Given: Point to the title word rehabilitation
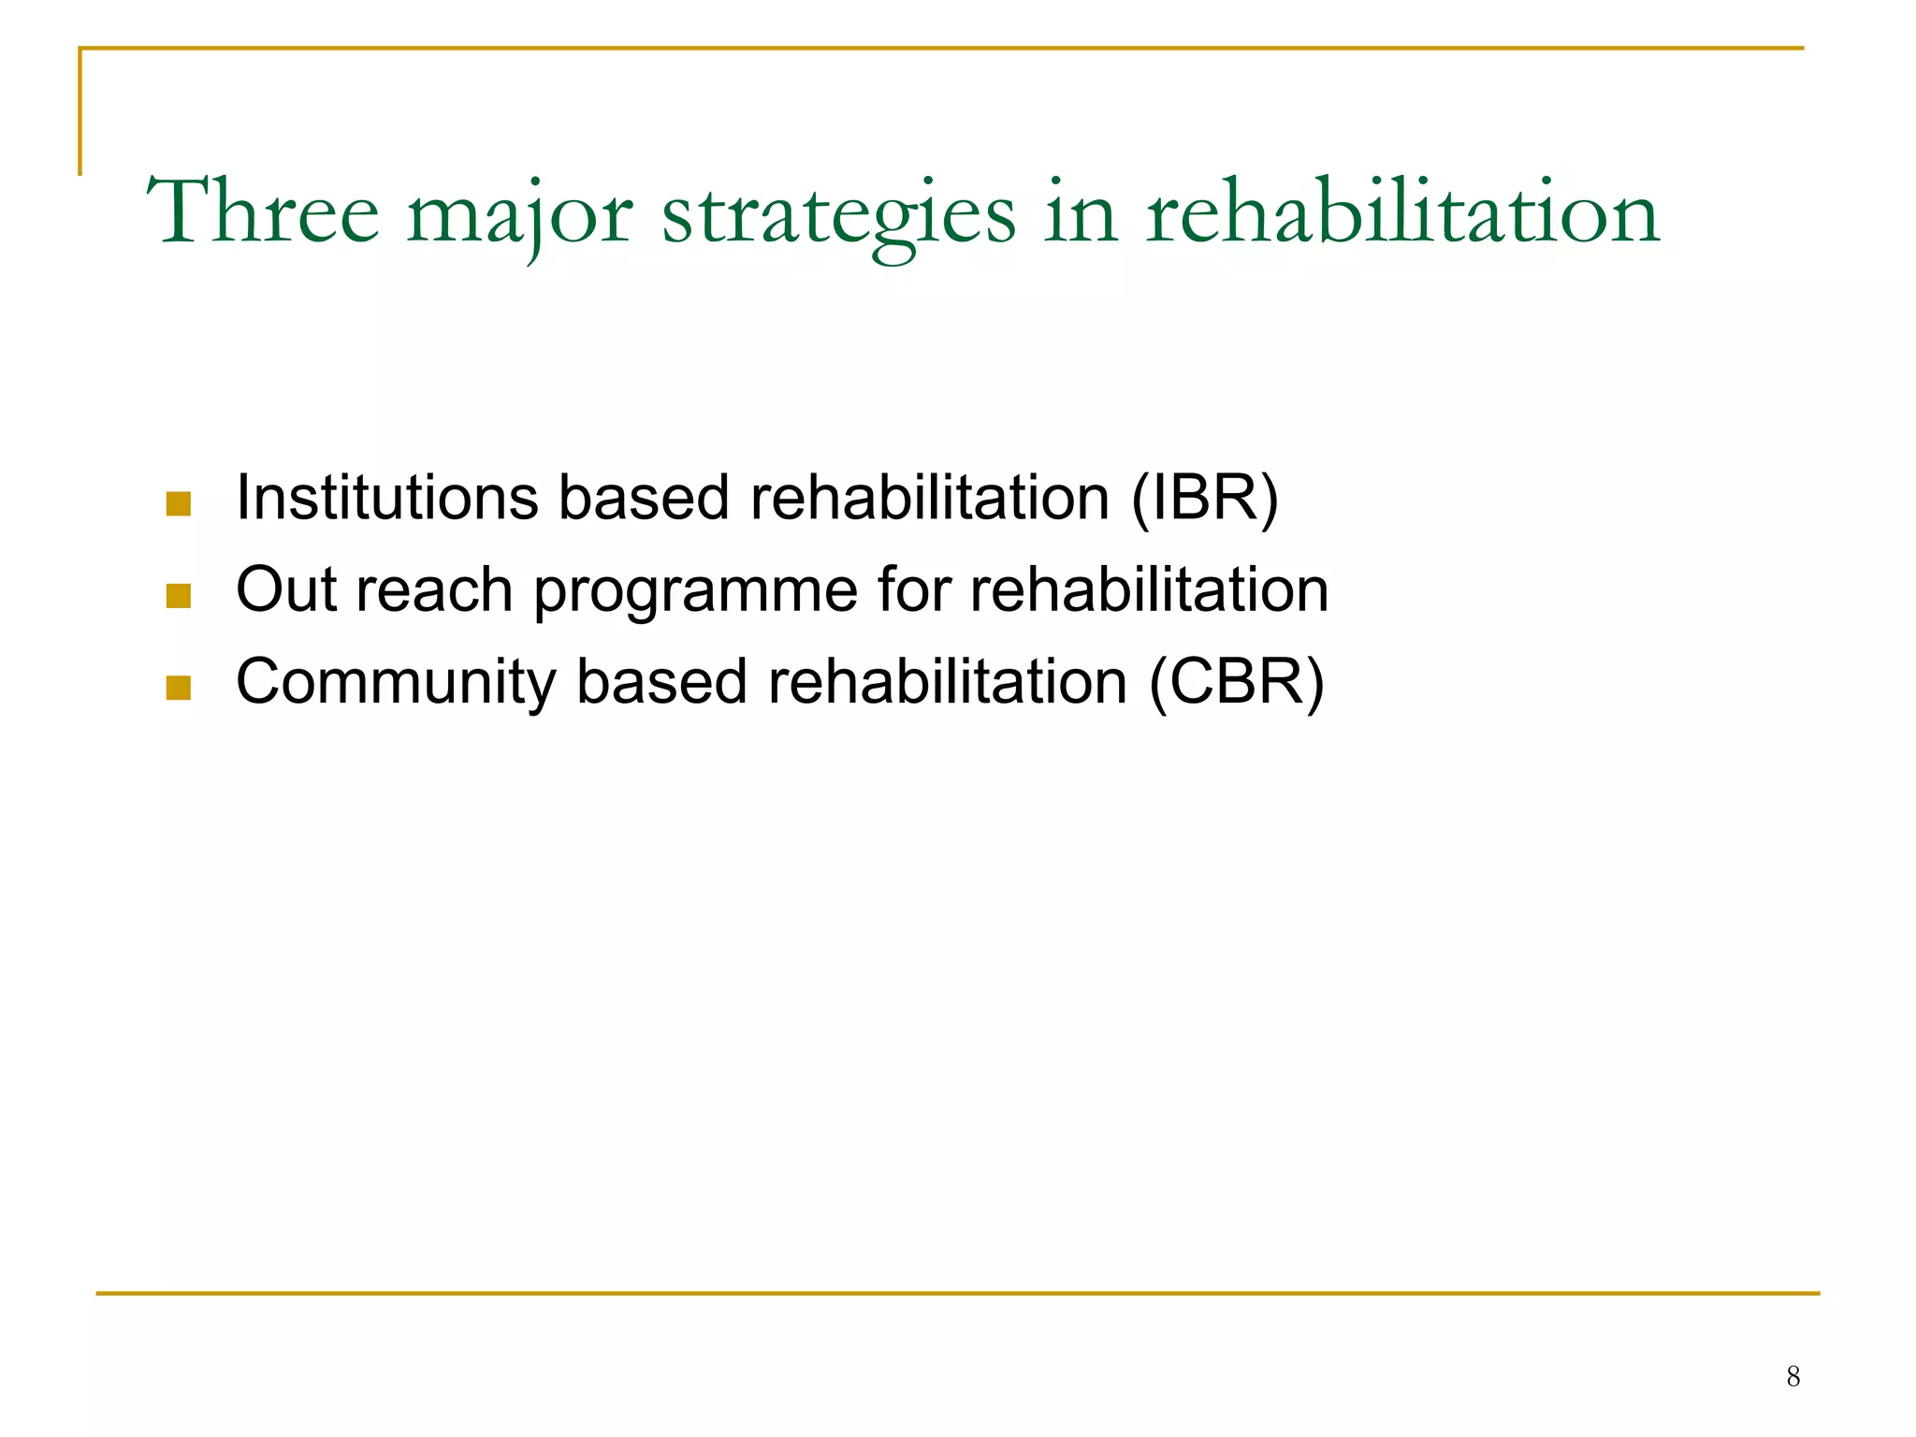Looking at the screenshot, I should click(1402, 213).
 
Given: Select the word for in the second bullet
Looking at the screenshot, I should click(913, 589).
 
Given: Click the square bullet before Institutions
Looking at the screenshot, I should click(178, 505).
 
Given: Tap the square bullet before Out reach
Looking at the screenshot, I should click(178, 597).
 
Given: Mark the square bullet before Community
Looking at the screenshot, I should click(178, 689).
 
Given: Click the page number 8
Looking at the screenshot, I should click(1793, 1376).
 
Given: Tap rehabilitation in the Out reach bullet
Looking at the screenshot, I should click(1149, 589).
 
